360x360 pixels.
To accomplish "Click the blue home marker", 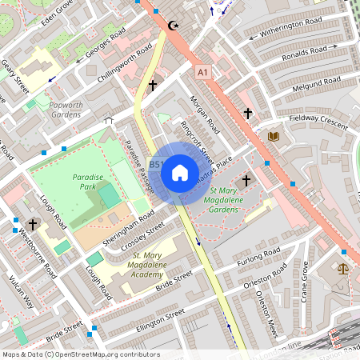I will click(180, 172).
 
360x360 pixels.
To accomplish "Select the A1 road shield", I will click(205, 73).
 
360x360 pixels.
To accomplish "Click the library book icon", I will click(274, 137).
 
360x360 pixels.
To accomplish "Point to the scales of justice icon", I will click(345, 270).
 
